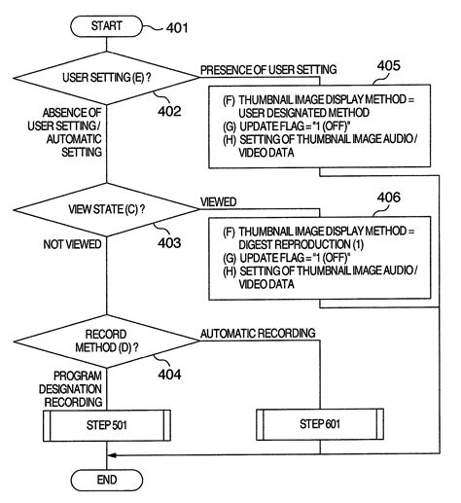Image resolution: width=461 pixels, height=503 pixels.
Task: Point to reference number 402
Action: click(x=170, y=112)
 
